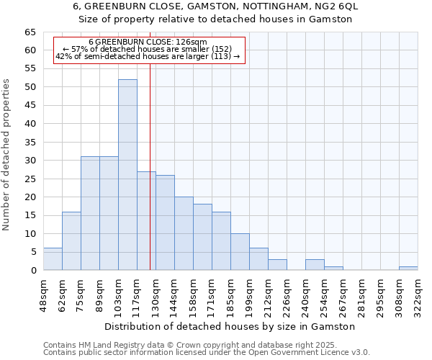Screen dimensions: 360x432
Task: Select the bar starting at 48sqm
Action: pos(53,259)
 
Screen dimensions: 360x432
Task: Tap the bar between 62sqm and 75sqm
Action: pos(71,241)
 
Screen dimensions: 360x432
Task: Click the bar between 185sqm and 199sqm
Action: pos(240,252)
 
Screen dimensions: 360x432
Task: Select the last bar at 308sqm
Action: pos(408,268)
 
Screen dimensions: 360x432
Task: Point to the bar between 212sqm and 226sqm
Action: pos(277,264)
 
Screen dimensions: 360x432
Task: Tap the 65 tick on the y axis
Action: pos(30,32)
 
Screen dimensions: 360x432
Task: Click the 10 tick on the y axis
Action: pos(30,233)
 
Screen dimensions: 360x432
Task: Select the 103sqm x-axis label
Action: pos(118,294)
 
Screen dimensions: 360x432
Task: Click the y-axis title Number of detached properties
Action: pos(7,155)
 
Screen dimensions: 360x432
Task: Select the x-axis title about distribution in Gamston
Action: pos(230,326)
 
